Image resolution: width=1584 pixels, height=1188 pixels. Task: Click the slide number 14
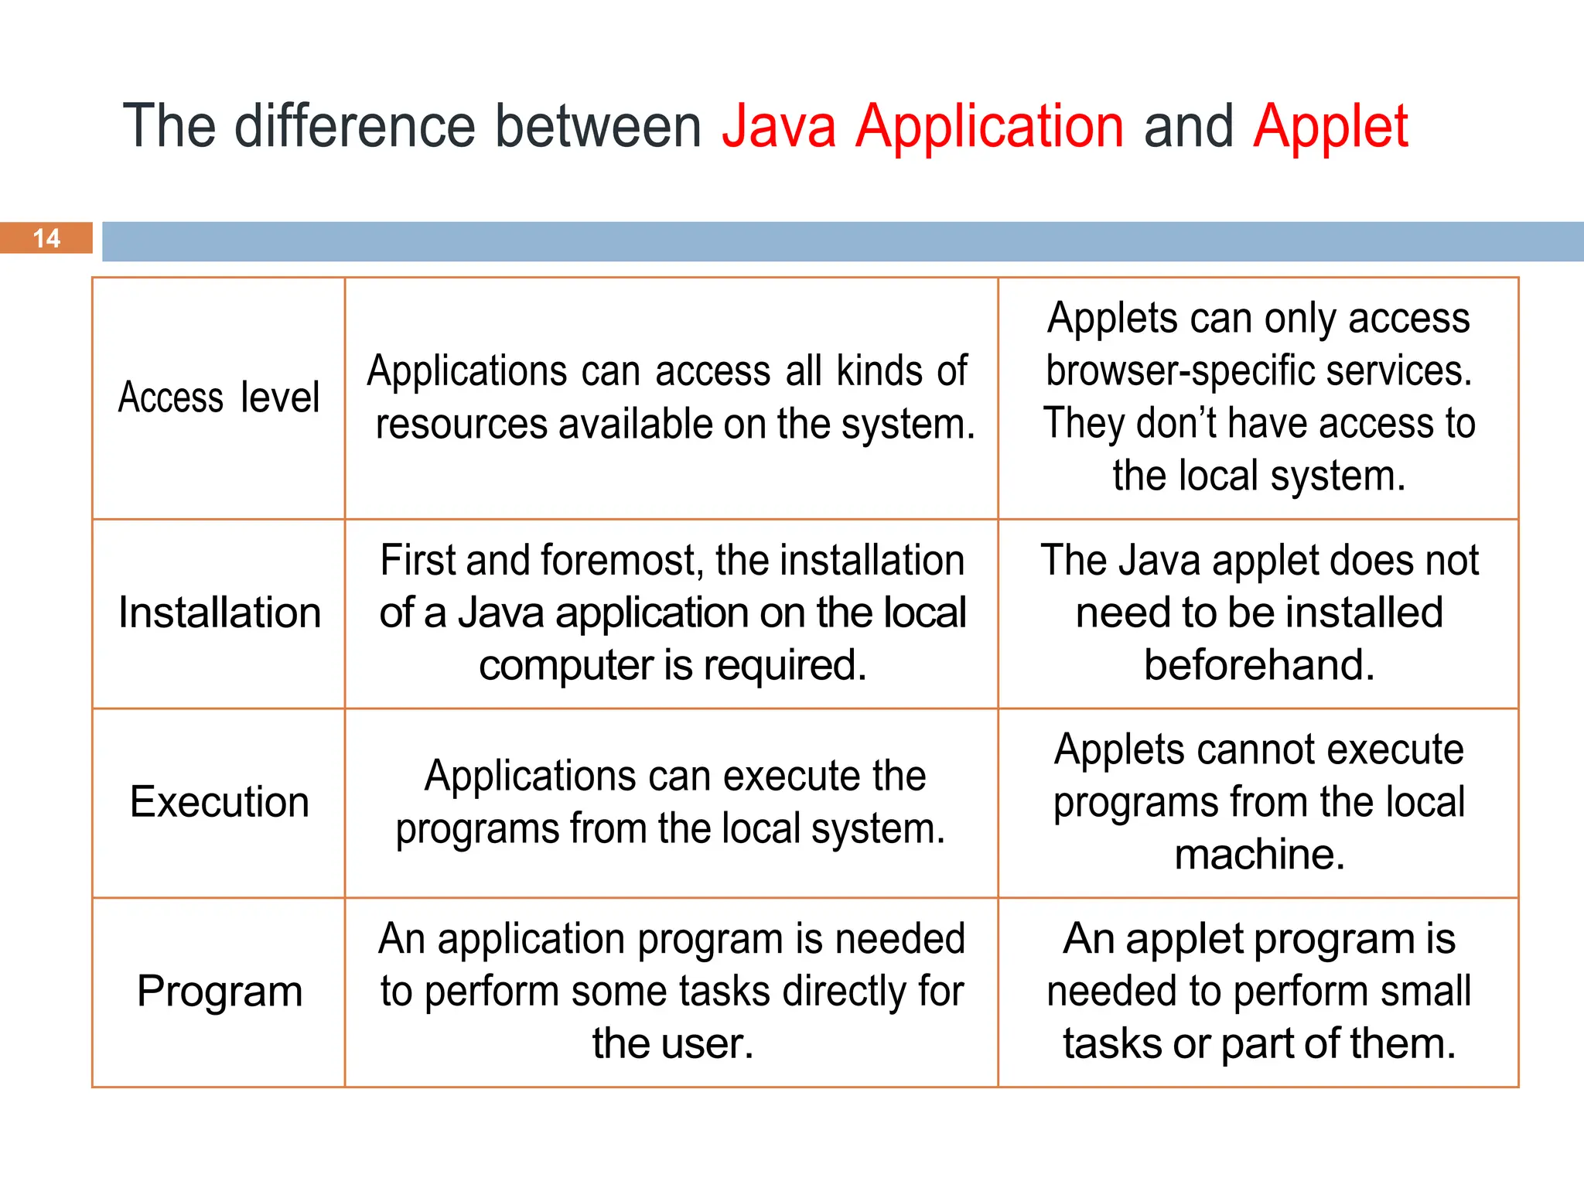46,238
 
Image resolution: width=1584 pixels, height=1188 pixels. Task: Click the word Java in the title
779,126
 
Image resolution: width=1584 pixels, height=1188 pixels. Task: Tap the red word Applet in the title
1330,126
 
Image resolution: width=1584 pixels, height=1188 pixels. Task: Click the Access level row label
219,398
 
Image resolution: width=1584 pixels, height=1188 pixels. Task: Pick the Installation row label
219,613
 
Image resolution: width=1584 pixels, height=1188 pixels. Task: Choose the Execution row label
219,801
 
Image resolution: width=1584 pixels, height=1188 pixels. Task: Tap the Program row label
219,991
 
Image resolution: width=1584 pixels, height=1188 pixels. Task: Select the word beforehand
1259,665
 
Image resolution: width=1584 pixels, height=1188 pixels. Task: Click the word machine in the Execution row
1259,855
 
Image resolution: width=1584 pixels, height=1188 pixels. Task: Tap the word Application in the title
989,126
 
